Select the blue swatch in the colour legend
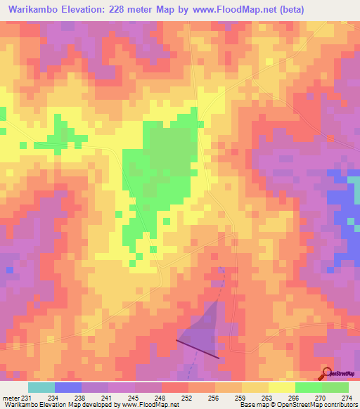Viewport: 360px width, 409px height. click(67, 387)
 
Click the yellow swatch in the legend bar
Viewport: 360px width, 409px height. click(281, 387)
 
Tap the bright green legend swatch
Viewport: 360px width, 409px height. click(308, 387)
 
